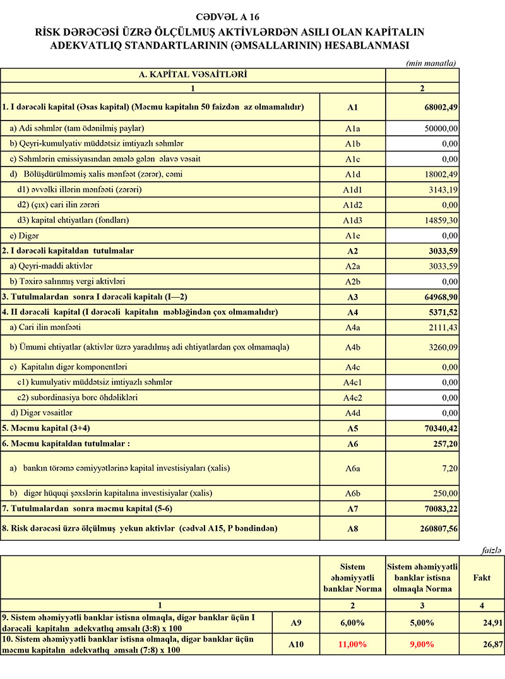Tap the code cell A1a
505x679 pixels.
click(352, 128)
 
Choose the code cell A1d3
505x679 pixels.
click(352, 220)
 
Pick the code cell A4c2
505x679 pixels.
click(352, 398)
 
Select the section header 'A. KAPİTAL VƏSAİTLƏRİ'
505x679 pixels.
click(193, 74)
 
